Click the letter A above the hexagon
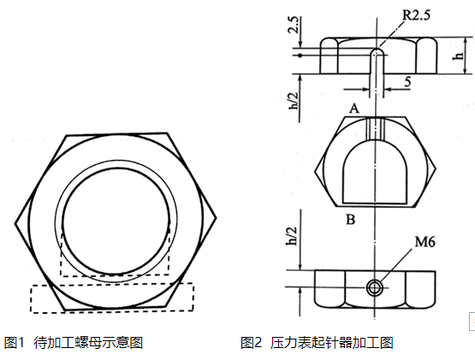tap(353, 108)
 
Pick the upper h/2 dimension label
tap(294, 94)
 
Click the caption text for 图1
tap(74, 342)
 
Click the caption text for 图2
tap(317, 342)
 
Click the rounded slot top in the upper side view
tap(376, 52)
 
